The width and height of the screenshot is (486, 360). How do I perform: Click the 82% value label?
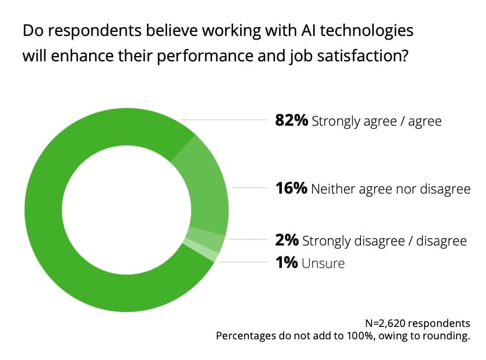(x=291, y=121)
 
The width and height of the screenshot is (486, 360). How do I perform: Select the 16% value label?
(x=291, y=189)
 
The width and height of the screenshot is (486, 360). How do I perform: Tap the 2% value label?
(x=287, y=240)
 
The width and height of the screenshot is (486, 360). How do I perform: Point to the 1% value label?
(x=286, y=263)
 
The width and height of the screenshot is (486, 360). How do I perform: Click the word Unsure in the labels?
(x=323, y=263)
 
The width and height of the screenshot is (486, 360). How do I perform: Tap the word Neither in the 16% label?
(x=330, y=189)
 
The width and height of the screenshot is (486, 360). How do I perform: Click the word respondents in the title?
(x=83, y=30)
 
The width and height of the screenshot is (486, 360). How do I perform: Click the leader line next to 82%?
(x=224, y=120)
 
